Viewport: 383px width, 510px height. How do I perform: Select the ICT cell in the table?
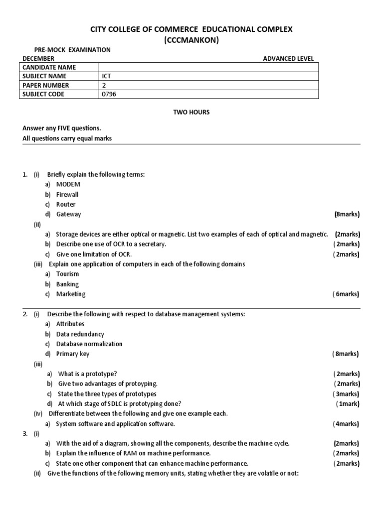tap(106, 76)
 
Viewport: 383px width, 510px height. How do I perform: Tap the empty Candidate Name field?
tap(208, 67)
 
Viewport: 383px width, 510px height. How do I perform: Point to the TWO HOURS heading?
tap(191, 113)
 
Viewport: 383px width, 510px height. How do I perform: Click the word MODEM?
tap(68, 184)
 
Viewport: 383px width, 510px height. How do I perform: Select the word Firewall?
tap(67, 194)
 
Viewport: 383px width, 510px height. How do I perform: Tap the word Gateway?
tap(68, 214)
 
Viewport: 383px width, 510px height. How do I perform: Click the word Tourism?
tap(67, 274)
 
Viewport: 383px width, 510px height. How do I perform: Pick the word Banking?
tap(67, 284)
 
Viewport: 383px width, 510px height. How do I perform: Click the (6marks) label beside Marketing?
tap(346, 294)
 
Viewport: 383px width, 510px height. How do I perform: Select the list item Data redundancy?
tap(80, 334)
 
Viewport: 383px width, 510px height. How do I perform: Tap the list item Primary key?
tap(73, 354)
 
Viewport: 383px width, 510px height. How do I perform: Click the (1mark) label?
tap(348, 404)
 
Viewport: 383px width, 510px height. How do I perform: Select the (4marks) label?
tap(346, 424)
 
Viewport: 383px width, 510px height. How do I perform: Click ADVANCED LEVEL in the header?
tap(288, 59)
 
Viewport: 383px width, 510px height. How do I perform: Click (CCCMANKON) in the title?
tap(191, 40)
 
